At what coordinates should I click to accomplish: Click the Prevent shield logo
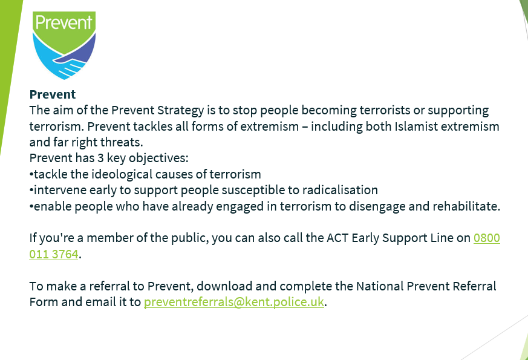click(64, 45)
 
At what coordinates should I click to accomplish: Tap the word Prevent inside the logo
click(64, 22)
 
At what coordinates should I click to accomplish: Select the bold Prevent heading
click(53, 94)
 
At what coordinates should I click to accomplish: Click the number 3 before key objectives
click(100, 158)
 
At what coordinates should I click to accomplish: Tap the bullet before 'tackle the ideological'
click(31, 174)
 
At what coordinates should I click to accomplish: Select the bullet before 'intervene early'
click(31, 190)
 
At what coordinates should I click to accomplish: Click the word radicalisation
click(340, 190)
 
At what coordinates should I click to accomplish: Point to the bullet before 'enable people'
click(31, 206)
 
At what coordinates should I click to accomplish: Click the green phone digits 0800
click(487, 238)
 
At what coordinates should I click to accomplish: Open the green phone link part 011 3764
click(54, 254)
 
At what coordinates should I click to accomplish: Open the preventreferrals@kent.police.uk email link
click(234, 302)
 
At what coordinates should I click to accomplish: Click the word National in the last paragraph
click(379, 286)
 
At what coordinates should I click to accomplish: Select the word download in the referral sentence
click(224, 286)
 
